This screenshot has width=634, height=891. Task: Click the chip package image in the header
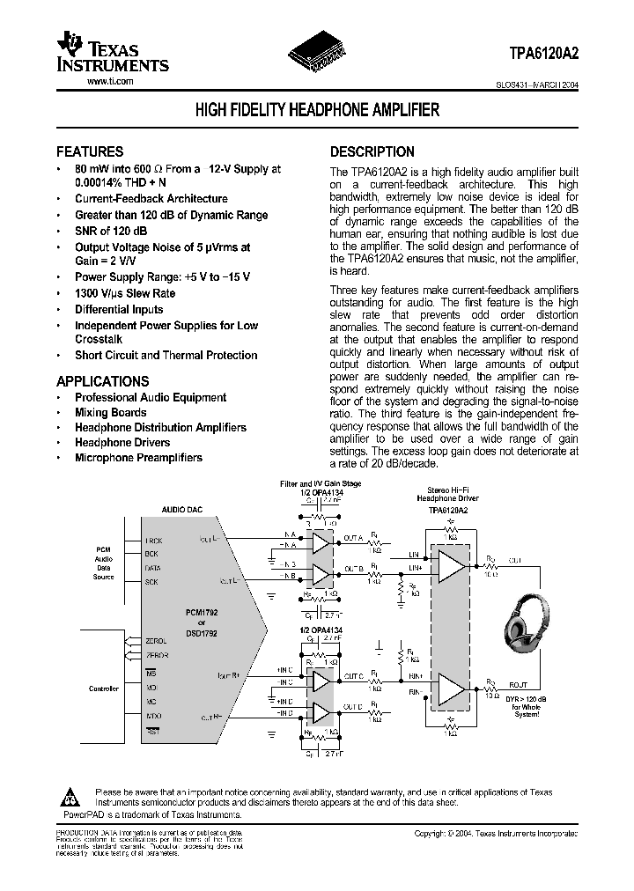click(x=317, y=55)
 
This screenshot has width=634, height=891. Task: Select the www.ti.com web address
click(x=110, y=81)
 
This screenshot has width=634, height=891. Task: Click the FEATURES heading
click(x=90, y=151)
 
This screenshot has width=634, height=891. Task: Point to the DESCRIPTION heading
click(x=372, y=151)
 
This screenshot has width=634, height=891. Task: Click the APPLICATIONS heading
click(x=102, y=381)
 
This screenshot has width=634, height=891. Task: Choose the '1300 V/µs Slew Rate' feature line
click(x=125, y=293)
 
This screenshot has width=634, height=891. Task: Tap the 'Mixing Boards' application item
click(x=111, y=412)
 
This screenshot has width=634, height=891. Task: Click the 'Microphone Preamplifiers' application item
click(x=138, y=458)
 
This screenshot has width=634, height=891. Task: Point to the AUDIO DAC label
click(x=182, y=510)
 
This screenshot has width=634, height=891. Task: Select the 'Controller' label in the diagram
click(x=104, y=688)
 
